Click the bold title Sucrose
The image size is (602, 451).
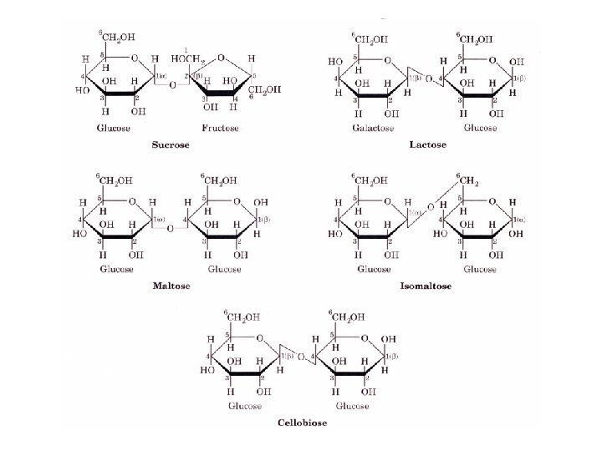coord(171,144)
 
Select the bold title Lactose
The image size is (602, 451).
coord(427,144)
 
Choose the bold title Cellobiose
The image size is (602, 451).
coord(302,423)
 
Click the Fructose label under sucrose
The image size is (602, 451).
coord(220,128)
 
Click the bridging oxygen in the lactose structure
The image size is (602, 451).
coord(427,79)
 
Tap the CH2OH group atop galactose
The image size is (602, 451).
coord(366,38)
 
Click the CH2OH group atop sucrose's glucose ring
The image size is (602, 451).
coord(116,36)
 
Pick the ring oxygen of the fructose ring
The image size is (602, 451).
coord(221,59)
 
